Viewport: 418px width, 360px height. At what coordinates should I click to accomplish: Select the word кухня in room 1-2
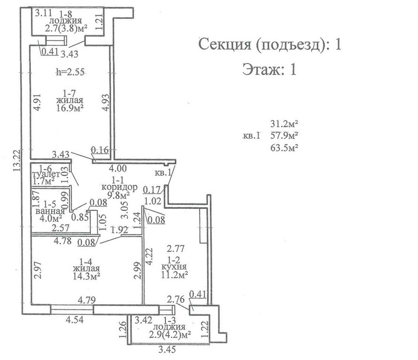(x=174, y=266)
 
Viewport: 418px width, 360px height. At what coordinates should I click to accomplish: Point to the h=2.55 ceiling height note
(x=70, y=72)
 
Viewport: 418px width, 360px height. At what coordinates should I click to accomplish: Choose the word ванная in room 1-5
(x=50, y=211)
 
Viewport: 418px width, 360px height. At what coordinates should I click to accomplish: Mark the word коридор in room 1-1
(x=119, y=187)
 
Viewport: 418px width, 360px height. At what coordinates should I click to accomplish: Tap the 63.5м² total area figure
(x=284, y=148)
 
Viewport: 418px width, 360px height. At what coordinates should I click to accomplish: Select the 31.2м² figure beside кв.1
(x=284, y=124)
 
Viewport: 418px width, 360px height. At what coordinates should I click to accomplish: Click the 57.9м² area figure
(x=284, y=135)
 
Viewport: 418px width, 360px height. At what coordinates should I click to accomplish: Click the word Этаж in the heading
(x=260, y=69)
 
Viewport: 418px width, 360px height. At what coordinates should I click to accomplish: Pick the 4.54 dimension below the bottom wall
(x=75, y=320)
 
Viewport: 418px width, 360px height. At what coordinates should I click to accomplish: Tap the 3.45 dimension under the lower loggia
(x=167, y=349)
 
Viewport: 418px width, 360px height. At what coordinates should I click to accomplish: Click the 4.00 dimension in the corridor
(x=118, y=168)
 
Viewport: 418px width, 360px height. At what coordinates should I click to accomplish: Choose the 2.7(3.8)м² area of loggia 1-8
(x=67, y=28)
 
